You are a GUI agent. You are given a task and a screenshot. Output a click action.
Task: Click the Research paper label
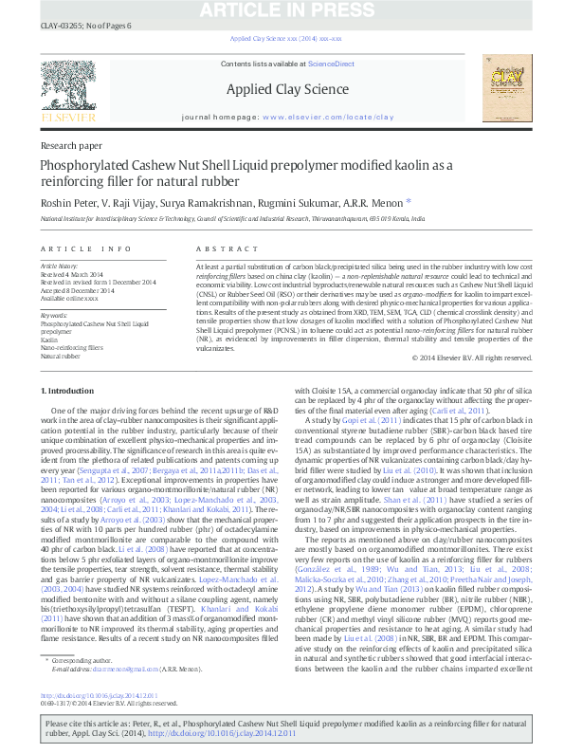click(72, 146)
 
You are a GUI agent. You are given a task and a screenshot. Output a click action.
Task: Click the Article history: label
click(60, 266)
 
